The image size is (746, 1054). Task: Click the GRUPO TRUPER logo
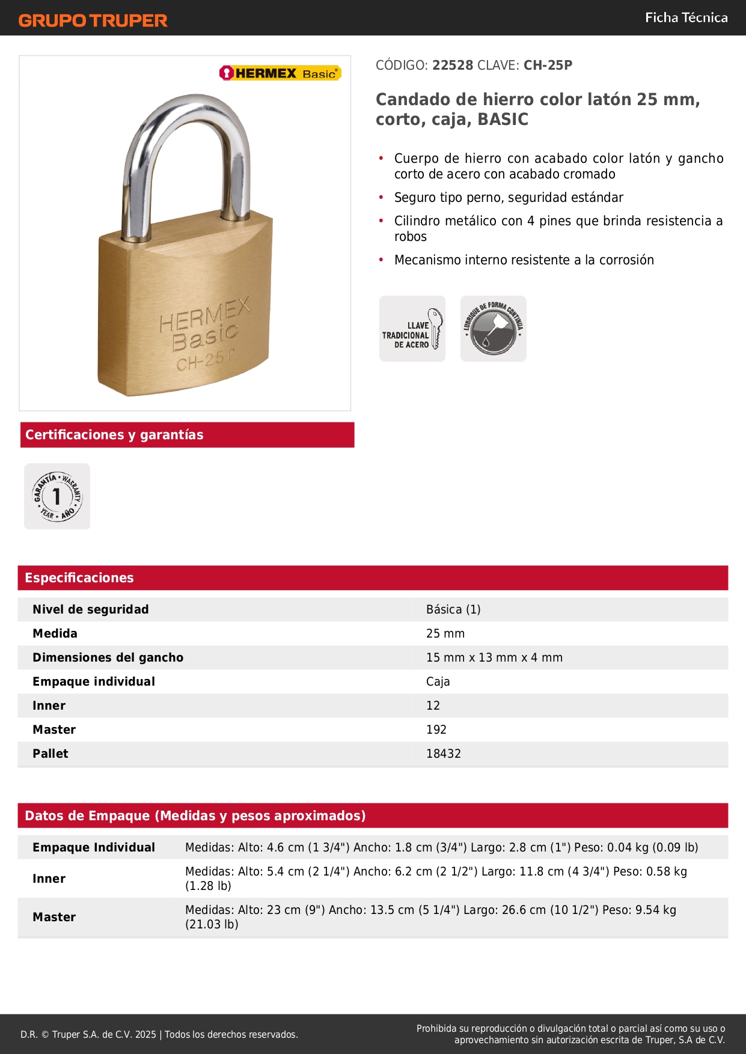[93, 20]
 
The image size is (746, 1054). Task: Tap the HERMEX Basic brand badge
[280, 73]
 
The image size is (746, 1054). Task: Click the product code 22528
[453, 65]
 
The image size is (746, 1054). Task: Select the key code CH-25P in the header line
[548, 65]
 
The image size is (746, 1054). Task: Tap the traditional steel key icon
[412, 329]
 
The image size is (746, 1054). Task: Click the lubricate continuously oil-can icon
[494, 329]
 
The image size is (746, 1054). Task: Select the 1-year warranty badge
[57, 496]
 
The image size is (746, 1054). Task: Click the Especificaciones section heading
[79, 578]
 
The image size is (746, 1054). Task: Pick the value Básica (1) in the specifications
[453, 609]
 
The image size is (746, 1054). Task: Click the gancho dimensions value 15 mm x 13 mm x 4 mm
[494, 657]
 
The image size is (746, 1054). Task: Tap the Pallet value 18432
[444, 754]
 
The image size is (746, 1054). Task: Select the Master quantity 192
[436, 730]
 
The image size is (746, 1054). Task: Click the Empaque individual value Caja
[438, 681]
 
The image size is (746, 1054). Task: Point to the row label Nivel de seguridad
[91, 609]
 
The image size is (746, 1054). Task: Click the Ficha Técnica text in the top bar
[686, 18]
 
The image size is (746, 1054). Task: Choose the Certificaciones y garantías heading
[114, 435]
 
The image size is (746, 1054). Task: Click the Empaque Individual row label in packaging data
[94, 847]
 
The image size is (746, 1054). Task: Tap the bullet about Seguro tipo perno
[509, 198]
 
